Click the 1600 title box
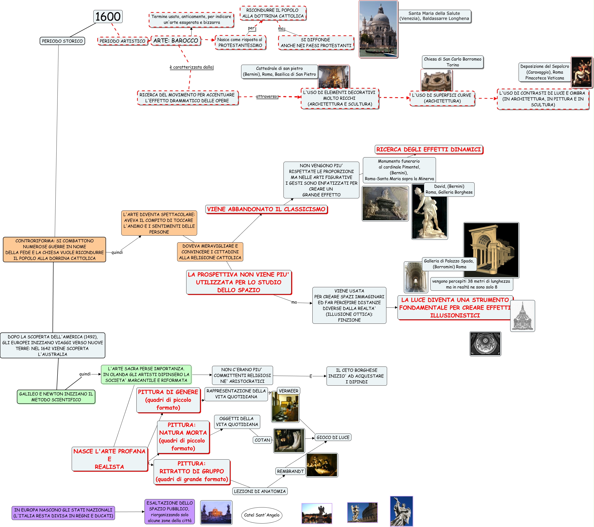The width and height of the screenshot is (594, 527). (x=108, y=17)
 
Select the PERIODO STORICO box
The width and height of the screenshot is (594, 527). (x=62, y=41)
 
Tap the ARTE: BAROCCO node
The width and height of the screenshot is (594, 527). (x=176, y=41)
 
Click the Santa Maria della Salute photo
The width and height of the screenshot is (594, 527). (x=378, y=29)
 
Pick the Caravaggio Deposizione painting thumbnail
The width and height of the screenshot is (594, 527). (x=581, y=72)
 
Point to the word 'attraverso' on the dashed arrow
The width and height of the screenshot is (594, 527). (x=267, y=96)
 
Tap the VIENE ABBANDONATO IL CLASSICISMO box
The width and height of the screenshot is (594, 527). (x=266, y=209)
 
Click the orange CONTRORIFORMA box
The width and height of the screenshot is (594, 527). (x=54, y=249)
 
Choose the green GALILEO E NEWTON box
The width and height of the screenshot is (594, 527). (x=56, y=397)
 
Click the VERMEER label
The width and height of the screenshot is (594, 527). (x=288, y=391)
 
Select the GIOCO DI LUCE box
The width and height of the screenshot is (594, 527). (x=333, y=437)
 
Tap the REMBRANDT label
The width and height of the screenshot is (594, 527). (x=290, y=471)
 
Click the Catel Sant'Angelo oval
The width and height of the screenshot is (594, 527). (x=262, y=515)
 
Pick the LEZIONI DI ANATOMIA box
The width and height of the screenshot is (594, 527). (x=260, y=491)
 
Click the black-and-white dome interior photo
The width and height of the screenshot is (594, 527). (x=485, y=344)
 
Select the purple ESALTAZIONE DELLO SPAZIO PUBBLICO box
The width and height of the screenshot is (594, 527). (x=169, y=512)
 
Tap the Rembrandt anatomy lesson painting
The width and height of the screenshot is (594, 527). (x=322, y=465)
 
